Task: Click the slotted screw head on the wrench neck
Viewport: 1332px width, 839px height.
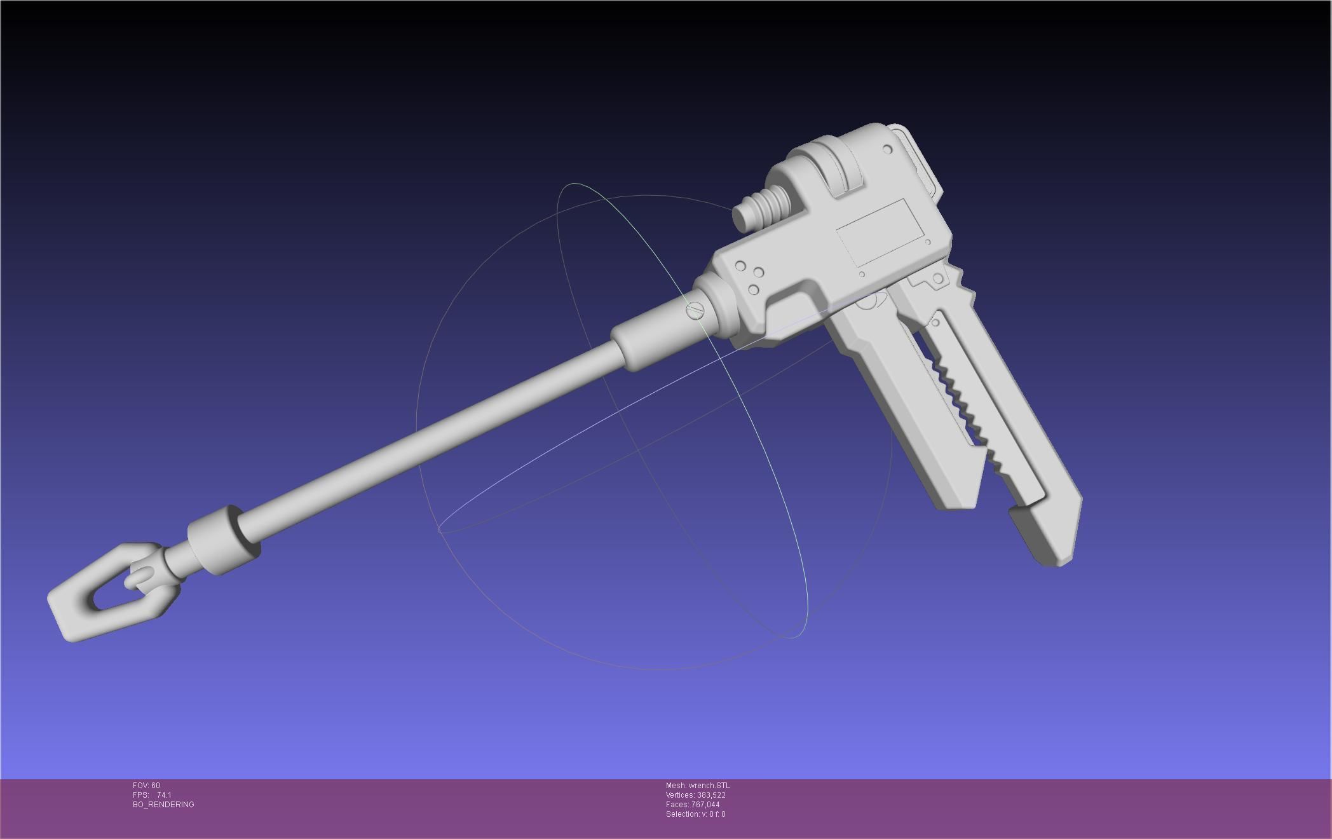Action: [x=696, y=311]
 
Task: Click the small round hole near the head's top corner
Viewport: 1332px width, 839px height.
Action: [x=888, y=150]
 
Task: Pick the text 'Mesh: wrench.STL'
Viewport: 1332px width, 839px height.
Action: [x=698, y=786]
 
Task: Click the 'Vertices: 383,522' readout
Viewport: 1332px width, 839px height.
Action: [x=695, y=795]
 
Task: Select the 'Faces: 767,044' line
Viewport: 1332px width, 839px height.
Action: [x=693, y=805]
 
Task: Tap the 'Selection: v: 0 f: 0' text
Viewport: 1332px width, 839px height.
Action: [x=695, y=814]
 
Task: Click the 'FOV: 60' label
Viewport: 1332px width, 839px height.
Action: [x=146, y=786]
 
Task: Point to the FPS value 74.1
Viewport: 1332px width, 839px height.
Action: [x=164, y=795]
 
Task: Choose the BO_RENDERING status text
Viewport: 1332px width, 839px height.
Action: [x=163, y=805]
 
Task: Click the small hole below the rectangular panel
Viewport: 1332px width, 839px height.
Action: [x=862, y=275]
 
